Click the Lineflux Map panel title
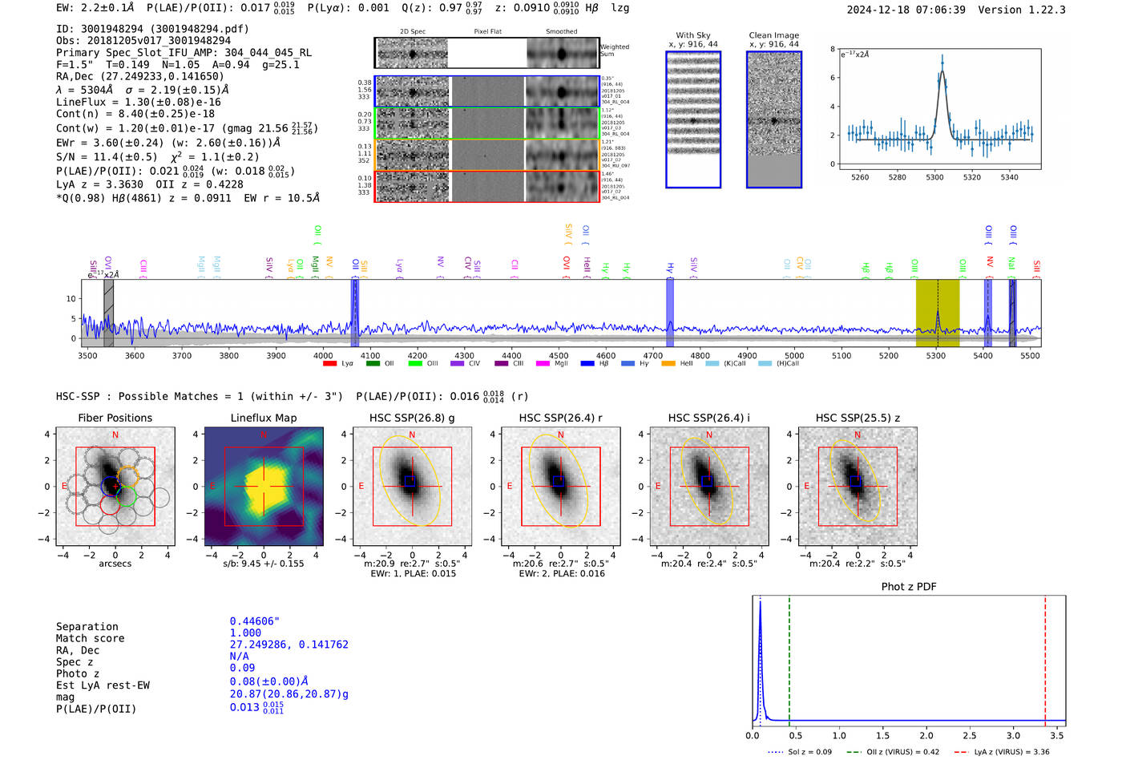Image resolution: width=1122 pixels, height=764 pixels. coord(263,418)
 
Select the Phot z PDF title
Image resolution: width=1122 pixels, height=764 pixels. coord(909,587)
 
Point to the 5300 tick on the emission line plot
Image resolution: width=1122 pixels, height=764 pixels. coord(934,177)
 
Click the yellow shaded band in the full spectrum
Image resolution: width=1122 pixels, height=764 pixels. coord(937,313)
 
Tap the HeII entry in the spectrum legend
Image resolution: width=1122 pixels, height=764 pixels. coord(686,363)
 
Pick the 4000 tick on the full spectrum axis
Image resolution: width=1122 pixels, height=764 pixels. coord(323,356)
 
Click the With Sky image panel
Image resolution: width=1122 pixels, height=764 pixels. coord(693,119)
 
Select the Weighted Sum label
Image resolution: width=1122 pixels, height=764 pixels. coord(615,51)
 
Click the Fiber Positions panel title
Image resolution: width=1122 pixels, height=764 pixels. coord(115,418)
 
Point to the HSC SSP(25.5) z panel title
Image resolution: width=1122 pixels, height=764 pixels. coord(858,418)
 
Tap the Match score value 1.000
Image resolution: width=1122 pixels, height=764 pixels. coord(245,633)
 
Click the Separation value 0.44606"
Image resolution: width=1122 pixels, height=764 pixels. coord(254,621)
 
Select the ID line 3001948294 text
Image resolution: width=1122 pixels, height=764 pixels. coord(152,29)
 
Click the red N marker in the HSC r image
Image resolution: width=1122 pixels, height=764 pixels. coord(560,435)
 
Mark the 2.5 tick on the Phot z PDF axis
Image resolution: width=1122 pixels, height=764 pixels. coord(970,735)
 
